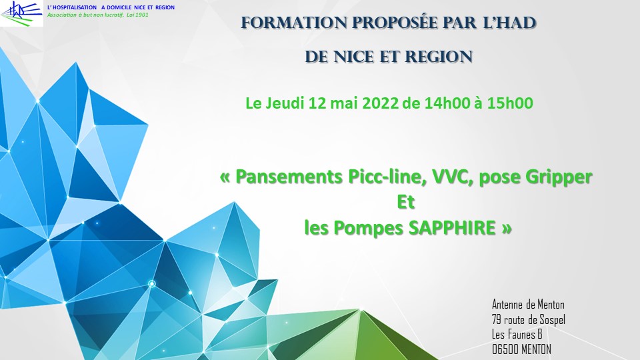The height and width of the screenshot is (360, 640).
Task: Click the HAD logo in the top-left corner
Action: tap(21, 13)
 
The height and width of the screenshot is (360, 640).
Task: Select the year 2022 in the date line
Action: tap(380, 103)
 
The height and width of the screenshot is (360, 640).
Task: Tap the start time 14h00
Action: tap(447, 103)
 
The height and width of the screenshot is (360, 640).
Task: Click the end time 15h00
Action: tap(510, 103)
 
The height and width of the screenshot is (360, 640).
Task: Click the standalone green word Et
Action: tap(406, 202)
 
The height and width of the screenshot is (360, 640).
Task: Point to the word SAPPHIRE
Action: tap(452, 228)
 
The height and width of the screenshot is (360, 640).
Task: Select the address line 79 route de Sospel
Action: tap(529, 319)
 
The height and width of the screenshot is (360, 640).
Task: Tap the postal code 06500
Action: tap(505, 349)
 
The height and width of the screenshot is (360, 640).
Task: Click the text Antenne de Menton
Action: tap(528, 305)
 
